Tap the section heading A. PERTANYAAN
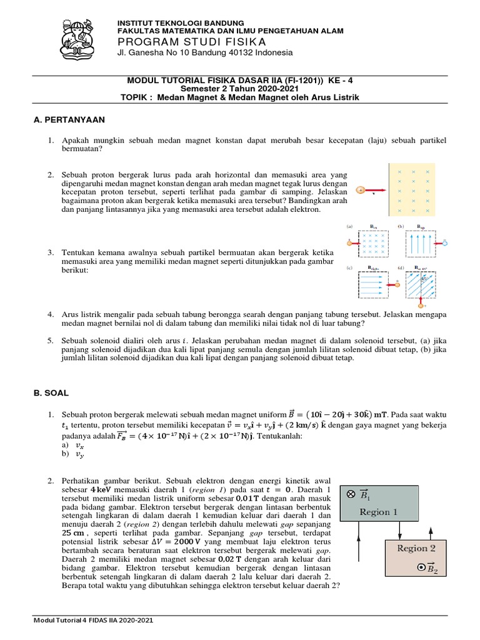(x=69, y=119)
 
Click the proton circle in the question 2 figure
(x=361, y=189)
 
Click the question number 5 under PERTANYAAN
(x=51, y=340)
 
